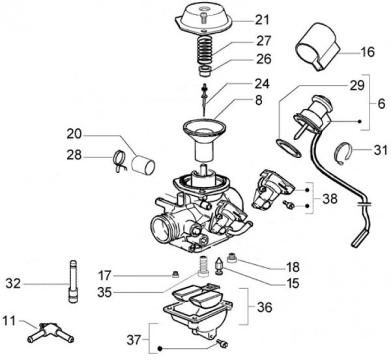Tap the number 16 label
tap(367, 51)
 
